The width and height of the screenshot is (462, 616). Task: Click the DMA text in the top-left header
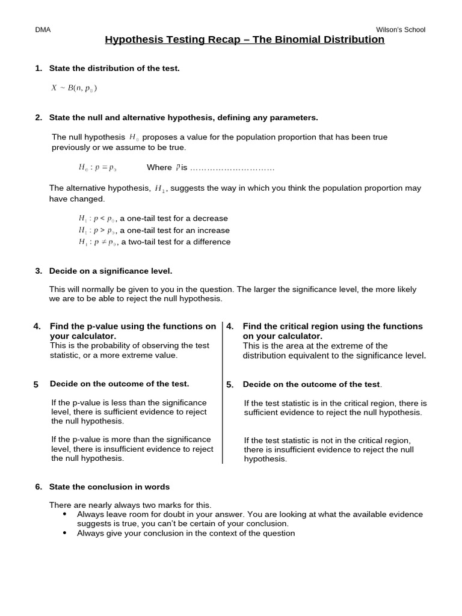click(43, 30)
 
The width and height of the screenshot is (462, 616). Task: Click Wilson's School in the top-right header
click(400, 30)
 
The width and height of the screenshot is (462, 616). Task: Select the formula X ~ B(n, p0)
click(74, 88)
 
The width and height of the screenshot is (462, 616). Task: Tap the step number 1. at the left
click(38, 69)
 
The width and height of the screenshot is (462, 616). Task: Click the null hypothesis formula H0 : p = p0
click(97, 167)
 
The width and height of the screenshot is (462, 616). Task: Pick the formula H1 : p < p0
click(96, 218)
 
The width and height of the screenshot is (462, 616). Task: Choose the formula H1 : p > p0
click(96, 230)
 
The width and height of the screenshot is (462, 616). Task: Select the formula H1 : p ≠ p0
click(96, 242)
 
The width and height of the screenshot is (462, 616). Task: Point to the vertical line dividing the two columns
click(223, 391)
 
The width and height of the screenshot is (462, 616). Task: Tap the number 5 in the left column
click(36, 384)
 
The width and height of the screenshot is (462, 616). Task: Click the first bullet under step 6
click(65, 514)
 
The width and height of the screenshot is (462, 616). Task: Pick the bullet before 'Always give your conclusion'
click(65, 533)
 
